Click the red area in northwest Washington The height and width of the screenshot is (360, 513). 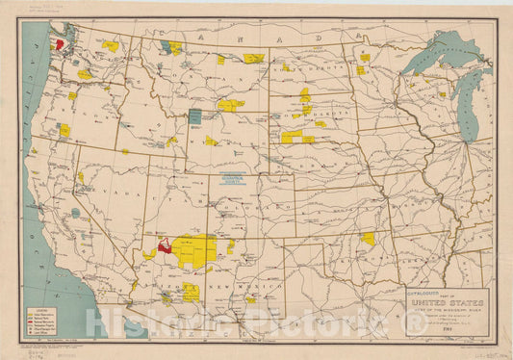(x=59, y=43)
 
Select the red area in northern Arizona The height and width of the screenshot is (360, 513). (x=165, y=246)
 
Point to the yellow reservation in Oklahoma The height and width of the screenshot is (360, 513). (x=368, y=238)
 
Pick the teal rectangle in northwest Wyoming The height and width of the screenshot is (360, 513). (x=195, y=116)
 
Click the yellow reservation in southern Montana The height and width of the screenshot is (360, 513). (x=231, y=105)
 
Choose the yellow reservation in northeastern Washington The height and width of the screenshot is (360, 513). (x=110, y=45)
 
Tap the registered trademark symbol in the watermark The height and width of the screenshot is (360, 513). (x=415, y=323)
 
